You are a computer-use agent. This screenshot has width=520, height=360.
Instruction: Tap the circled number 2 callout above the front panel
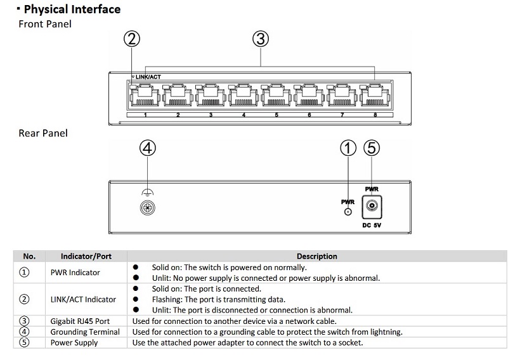click(132, 39)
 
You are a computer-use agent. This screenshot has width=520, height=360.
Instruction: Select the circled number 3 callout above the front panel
click(261, 39)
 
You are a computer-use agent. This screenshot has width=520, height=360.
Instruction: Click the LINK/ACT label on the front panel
click(148, 77)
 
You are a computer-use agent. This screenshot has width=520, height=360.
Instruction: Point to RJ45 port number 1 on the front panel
click(145, 97)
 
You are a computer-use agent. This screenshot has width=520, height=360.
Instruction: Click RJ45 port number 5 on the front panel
click(276, 97)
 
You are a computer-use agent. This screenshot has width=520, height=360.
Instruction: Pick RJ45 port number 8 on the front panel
click(374, 97)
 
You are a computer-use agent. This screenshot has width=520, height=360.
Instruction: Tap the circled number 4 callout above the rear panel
click(147, 148)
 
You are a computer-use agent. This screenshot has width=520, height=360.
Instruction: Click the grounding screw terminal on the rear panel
click(147, 207)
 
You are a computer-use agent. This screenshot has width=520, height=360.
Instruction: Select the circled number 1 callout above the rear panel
click(349, 148)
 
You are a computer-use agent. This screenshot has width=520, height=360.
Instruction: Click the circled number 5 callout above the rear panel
click(372, 148)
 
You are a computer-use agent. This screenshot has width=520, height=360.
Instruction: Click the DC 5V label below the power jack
click(372, 225)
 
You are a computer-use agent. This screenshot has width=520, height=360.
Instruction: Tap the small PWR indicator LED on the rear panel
click(348, 211)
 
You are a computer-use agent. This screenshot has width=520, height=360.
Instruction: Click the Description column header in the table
click(316, 257)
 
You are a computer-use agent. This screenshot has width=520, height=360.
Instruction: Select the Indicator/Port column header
click(86, 257)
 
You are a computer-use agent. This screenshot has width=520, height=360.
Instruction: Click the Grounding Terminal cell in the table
click(86, 331)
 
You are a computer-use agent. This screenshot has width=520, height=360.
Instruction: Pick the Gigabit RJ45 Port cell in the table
click(81, 321)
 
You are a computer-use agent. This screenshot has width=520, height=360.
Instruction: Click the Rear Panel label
click(43, 133)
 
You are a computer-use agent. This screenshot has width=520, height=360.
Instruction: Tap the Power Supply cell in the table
click(74, 342)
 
